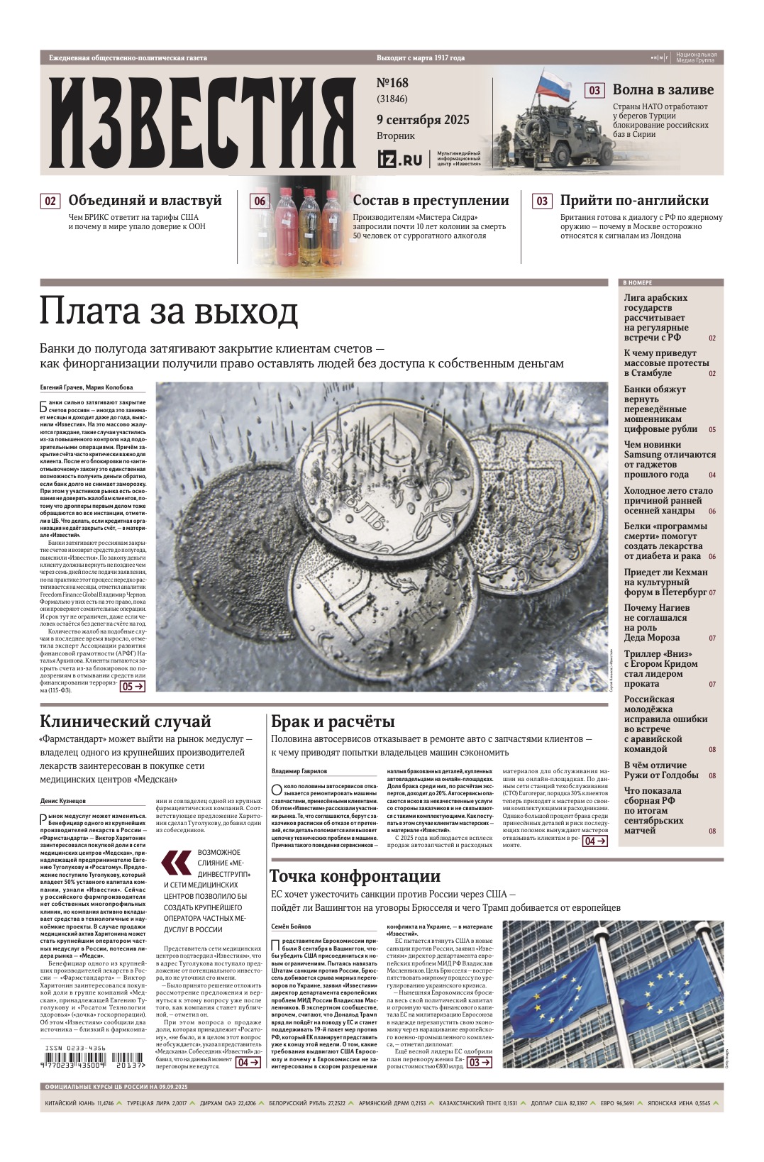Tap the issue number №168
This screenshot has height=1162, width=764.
(392, 83)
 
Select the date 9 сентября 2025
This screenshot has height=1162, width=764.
(423, 120)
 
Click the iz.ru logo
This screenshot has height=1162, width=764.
(399, 160)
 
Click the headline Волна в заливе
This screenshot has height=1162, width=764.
(663, 90)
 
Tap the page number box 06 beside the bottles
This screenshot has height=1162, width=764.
(260, 201)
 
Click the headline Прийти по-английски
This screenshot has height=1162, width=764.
(634, 201)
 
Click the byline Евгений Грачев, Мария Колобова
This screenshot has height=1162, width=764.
(86, 387)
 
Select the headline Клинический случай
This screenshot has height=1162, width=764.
(126, 721)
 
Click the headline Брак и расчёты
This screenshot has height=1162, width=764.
(333, 721)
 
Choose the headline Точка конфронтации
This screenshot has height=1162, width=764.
(355, 876)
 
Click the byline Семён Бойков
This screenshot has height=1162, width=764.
(291, 926)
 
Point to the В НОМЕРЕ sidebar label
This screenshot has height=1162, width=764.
(638, 282)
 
